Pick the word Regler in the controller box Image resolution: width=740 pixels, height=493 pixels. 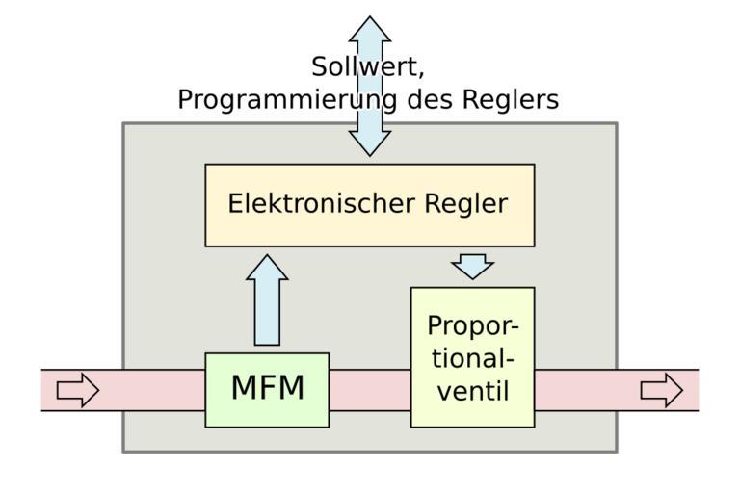coord(465,204)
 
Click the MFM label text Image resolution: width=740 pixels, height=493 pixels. coord(267,389)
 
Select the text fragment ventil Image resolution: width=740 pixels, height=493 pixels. coord(472,392)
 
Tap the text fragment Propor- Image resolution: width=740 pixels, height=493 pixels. coord(472,326)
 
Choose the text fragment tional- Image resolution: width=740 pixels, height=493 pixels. coord(472,359)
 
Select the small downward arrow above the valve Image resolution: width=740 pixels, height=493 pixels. coord(472,266)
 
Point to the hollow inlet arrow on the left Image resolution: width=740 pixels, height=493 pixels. coord(78,390)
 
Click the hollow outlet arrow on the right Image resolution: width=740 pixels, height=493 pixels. coord(661,390)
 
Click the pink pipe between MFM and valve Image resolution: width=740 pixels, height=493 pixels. coord(370,390)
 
